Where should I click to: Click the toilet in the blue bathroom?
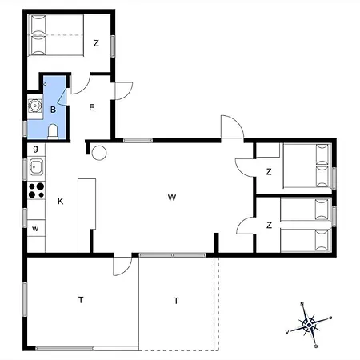[x=53, y=131]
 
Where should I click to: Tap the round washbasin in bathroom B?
[x=34, y=106]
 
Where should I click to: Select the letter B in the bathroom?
[x=53, y=110]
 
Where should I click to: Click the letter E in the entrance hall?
[x=92, y=107]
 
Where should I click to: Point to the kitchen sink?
[x=36, y=166]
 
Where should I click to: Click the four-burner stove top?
[x=36, y=190]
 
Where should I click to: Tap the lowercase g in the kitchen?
[x=35, y=148]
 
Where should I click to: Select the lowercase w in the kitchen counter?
[x=35, y=229]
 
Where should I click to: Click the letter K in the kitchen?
[x=61, y=201]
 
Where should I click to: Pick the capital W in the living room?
[x=172, y=198]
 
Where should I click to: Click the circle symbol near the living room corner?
[x=99, y=153]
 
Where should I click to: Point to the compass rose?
[x=309, y=325]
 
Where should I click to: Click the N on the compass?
[x=302, y=304]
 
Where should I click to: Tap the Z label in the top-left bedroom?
[x=96, y=43]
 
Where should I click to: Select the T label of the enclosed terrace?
[x=81, y=300]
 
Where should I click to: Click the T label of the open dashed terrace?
[x=176, y=301]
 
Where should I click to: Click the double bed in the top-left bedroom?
[x=56, y=35]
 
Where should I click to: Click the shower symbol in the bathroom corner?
[x=45, y=84]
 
